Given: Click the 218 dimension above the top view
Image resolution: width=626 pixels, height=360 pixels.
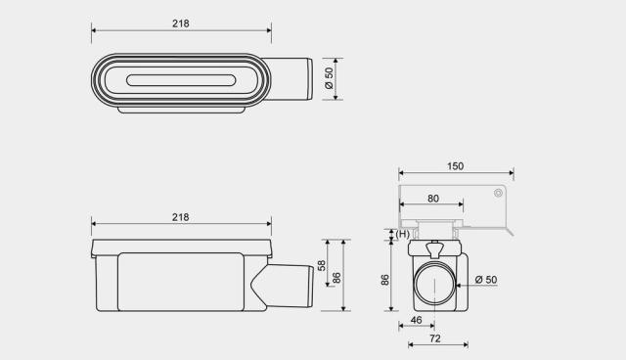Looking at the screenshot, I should point(180,22).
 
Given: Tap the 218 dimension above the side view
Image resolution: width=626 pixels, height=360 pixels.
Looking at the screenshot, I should point(180,216).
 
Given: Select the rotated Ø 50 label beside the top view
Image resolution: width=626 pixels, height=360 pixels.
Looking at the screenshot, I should point(330,78).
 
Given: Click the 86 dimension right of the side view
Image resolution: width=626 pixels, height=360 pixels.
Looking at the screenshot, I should point(337,278).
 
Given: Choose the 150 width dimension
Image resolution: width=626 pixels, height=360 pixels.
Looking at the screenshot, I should point(456,166).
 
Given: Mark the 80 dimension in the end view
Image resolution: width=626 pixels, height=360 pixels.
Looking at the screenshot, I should point(432,199).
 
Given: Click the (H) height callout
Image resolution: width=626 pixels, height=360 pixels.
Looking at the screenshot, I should point(402,234).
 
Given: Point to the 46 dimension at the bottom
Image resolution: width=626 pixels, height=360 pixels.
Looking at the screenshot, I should point(416,320).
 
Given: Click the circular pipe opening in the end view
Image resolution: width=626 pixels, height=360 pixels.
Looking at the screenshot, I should point(432,284).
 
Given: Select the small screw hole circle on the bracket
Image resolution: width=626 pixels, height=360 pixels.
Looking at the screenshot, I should point(498,193).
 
